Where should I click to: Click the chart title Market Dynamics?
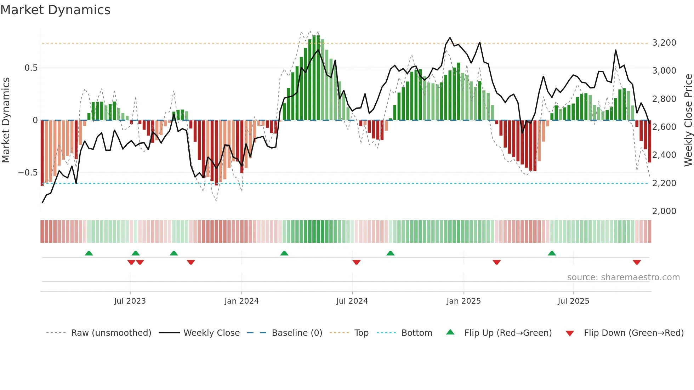pos(55,10)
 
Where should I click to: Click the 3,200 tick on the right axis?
pos(664,43)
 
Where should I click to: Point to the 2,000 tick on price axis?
pos(664,211)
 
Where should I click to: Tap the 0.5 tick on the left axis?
pos(31,68)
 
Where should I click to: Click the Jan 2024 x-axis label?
pos(241,301)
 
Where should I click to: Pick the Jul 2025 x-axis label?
pos(573,301)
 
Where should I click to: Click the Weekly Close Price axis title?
pos(688,120)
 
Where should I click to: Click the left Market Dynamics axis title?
pos(6,120)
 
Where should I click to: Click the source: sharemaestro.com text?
pos(623,277)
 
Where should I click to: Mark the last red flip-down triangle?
pos(637,262)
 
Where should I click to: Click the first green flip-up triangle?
pos(89,253)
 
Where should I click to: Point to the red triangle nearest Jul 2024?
pos(356,262)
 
